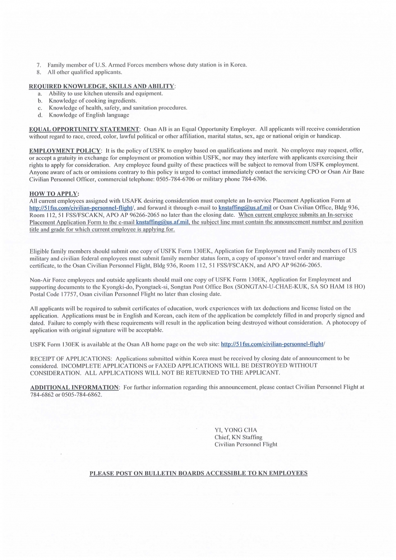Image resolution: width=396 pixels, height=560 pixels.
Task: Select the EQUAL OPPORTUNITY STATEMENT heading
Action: (x=84, y=129)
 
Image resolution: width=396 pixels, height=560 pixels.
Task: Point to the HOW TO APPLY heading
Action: (x=54, y=194)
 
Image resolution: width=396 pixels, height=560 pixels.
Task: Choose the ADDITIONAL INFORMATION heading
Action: (x=75, y=387)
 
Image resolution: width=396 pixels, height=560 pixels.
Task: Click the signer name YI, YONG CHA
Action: (x=236, y=430)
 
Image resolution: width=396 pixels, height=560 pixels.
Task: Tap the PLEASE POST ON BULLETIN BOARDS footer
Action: (x=198, y=473)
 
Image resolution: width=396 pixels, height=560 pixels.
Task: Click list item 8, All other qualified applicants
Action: (x=85, y=72)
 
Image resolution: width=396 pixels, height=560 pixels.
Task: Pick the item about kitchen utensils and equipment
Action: (x=106, y=94)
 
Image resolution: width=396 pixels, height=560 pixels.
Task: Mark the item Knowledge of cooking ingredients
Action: (x=93, y=101)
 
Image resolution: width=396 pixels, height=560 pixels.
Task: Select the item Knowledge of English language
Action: (x=89, y=115)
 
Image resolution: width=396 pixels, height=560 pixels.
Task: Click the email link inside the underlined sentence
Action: (x=162, y=222)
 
